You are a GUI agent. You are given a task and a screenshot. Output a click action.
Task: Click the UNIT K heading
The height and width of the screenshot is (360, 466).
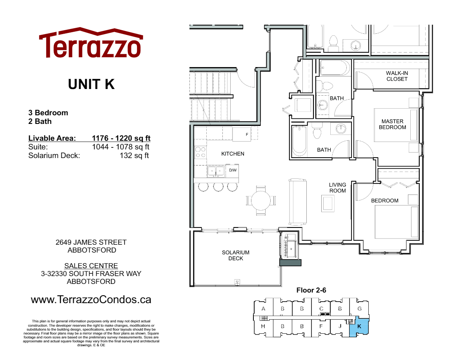pos(91,84)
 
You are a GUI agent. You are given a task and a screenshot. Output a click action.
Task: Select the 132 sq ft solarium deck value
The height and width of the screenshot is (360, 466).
pos(134,156)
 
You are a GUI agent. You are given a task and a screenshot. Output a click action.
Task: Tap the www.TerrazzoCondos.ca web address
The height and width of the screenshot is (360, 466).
pos(91,300)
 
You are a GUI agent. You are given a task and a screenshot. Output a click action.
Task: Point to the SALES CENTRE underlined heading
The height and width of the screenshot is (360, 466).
pos(91,266)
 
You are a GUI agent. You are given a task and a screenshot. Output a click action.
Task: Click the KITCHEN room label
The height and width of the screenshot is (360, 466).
pos(233,154)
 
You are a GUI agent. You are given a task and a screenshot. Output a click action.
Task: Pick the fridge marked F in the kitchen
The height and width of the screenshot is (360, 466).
pos(242,135)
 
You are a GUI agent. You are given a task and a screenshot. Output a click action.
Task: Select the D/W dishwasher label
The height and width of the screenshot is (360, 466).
pos(233,170)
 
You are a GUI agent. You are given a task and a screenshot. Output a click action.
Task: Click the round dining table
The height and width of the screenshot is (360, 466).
pos(260,200)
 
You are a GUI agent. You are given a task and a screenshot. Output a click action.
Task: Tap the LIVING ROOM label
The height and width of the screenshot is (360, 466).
pos(337,187)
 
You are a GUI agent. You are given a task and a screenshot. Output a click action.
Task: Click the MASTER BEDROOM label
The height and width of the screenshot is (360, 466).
pos(393,124)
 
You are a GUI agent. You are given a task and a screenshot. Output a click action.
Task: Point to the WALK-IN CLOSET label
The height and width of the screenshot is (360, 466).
pos(397,76)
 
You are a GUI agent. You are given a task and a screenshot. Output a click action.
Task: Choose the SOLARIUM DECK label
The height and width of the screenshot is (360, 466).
pos(235,255)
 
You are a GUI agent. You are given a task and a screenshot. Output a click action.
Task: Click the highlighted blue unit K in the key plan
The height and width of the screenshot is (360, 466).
pos(359,327)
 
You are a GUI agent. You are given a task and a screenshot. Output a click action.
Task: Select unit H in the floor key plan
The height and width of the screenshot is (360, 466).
pos(263,326)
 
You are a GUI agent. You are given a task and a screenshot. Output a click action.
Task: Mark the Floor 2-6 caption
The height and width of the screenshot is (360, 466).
pos(311,291)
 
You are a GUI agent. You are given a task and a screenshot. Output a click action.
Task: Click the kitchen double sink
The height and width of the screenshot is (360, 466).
pos(216,171)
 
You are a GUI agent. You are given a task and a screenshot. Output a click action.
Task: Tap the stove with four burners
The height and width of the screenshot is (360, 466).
pos(201,152)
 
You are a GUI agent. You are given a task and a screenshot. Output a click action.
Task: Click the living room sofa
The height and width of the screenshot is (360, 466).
pos(297,201)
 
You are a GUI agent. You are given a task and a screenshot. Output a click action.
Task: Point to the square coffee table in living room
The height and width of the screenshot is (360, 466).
pos(328,203)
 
